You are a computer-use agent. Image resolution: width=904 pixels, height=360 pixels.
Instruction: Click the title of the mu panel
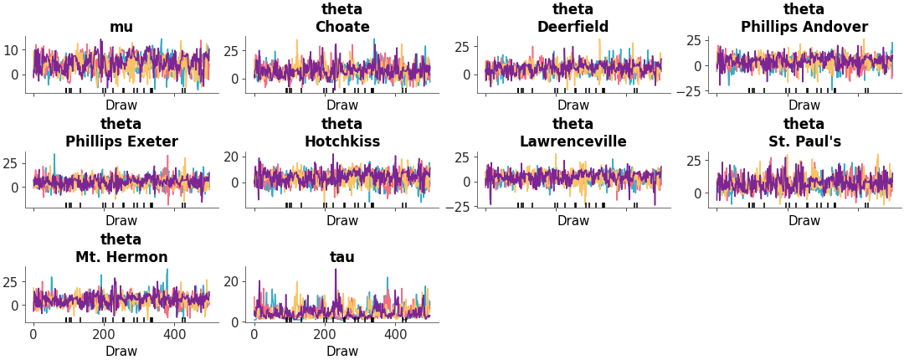coord(121,27)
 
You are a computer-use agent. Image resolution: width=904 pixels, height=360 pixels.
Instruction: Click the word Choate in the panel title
coord(342,27)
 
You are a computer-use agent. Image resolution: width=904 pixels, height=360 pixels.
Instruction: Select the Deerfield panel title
coord(573,27)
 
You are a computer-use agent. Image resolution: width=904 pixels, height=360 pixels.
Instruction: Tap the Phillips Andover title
coord(804,27)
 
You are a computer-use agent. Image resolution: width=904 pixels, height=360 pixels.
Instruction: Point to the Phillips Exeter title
coord(121,141)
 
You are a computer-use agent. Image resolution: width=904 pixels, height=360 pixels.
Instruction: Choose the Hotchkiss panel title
coord(342,141)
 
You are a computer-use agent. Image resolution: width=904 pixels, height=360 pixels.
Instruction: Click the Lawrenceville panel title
coord(573,141)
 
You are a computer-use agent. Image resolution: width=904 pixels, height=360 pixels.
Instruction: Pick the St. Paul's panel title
coord(804,141)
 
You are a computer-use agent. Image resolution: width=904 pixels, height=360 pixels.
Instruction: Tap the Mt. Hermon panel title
coord(121,257)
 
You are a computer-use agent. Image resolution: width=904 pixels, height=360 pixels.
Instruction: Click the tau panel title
coord(342,257)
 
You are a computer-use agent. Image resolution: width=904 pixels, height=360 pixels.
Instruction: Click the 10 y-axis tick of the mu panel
coord(12,50)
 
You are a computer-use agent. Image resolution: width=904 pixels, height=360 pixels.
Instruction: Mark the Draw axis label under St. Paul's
coord(804,221)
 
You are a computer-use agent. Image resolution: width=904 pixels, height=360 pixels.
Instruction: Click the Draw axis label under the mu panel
coord(121,105)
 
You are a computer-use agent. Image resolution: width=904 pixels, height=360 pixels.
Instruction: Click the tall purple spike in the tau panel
coord(336,271)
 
